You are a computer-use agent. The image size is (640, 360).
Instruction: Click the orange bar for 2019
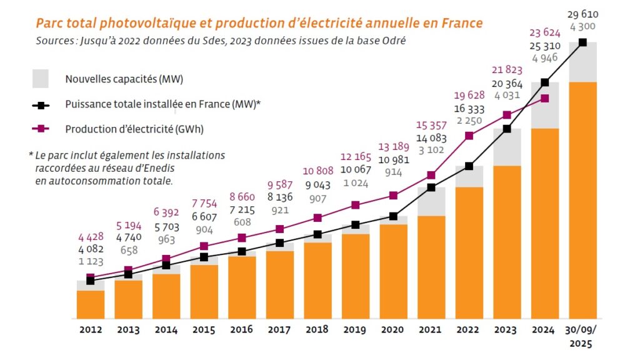pos(355,276)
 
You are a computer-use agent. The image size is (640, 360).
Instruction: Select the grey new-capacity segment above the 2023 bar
pos(507,147)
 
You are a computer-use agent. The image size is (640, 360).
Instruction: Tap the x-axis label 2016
pos(241,330)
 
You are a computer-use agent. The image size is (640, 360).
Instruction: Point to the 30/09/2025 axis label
pos(582,336)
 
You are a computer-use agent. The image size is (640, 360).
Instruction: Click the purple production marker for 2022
pos(469,136)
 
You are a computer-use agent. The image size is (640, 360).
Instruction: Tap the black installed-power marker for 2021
pos(431,187)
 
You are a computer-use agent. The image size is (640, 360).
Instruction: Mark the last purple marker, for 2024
pos(545,98)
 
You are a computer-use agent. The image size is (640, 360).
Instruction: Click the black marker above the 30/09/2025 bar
pos(582,42)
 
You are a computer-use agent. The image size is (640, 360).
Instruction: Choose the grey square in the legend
pos(41,79)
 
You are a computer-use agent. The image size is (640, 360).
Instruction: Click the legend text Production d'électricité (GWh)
pos(134,129)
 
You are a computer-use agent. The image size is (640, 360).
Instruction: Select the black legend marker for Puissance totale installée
pos(41,104)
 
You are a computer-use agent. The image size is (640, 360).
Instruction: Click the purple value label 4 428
pos(91,237)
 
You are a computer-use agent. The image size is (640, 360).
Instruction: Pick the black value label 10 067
pos(356,171)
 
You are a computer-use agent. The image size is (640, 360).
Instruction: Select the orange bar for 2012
pos(91,304)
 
